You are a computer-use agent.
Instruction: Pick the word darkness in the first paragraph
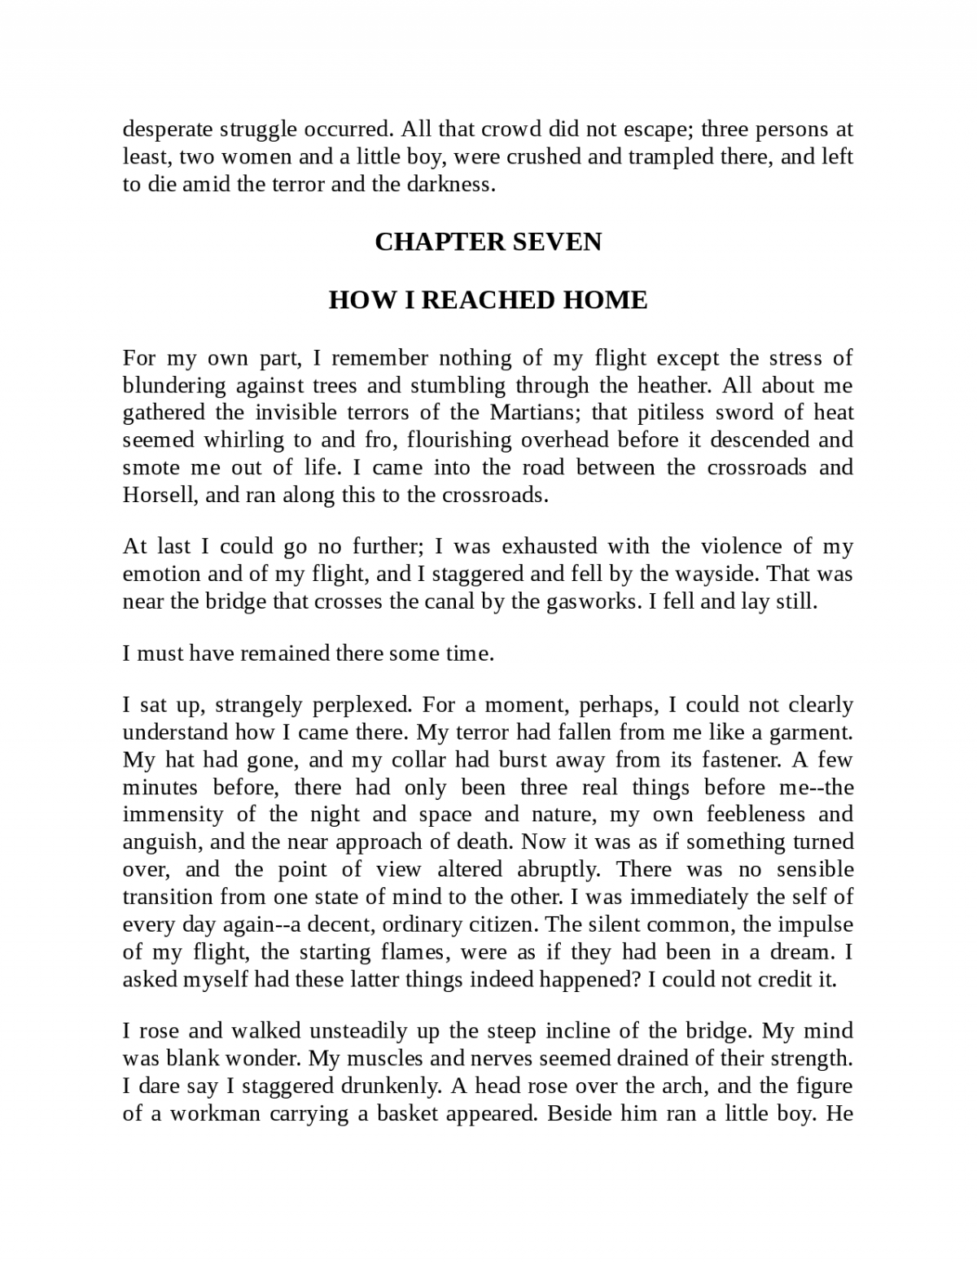pyautogui.click(x=456, y=184)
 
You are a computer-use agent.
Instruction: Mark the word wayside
pyautogui.click(x=719, y=575)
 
